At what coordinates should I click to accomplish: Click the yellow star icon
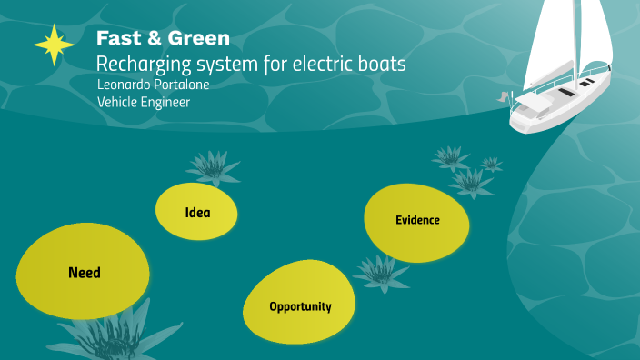54,44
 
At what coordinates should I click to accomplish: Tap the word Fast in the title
115,39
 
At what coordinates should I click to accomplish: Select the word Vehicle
119,102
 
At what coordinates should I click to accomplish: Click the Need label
84,273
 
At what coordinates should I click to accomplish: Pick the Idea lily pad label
197,214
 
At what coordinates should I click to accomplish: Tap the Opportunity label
300,307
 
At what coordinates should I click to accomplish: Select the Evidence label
417,220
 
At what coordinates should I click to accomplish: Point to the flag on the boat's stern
503,95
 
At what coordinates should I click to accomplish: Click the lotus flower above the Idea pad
212,166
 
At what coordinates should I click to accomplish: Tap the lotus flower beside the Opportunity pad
380,270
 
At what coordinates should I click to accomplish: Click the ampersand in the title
154,39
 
